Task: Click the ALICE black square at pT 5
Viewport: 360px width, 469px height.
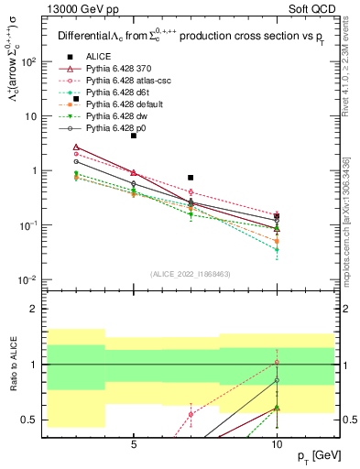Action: pyautogui.click(x=134, y=136)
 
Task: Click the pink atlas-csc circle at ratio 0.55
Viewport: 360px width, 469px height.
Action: pyautogui.click(x=191, y=414)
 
